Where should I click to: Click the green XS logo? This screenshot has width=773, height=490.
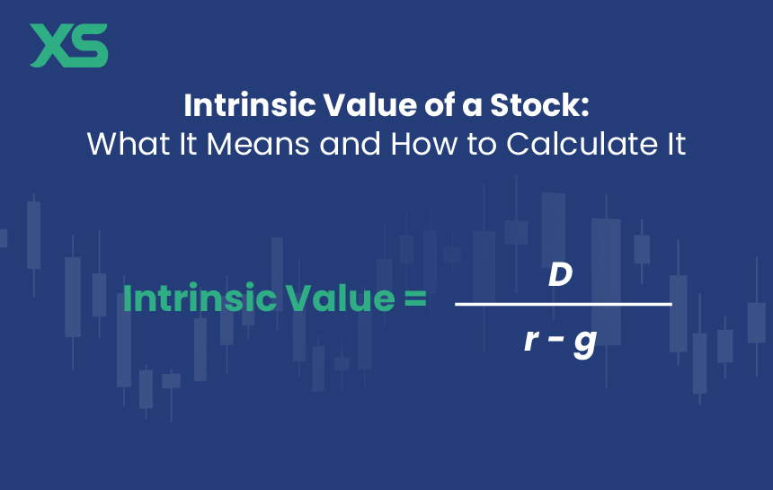69,45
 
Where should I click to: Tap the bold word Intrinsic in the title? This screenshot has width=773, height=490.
250,104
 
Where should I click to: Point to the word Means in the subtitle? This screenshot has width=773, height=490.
258,144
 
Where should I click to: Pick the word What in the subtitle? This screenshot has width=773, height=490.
129,144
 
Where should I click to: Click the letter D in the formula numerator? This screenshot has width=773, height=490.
561,274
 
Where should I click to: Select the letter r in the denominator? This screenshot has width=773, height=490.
531,340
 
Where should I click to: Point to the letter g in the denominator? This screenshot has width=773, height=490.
585,343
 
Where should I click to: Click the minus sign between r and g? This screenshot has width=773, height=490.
555,340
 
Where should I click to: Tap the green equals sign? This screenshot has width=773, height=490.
415,298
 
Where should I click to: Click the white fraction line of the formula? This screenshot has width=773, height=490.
564,304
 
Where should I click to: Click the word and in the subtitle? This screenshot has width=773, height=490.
350,144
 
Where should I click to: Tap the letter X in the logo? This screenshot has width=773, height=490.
49,45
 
